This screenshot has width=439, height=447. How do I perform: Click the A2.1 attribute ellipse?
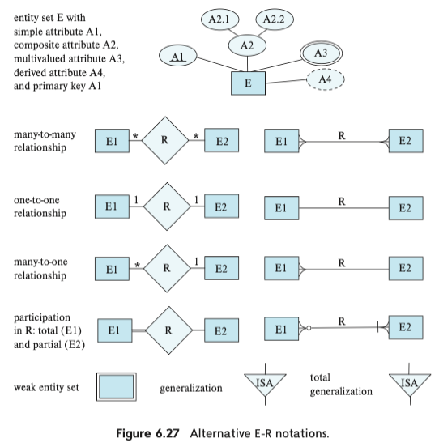(219, 18)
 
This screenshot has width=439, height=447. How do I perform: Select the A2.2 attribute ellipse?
(275, 18)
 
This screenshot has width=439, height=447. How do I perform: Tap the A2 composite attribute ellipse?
(248, 45)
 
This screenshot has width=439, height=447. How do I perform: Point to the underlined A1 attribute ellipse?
(181, 57)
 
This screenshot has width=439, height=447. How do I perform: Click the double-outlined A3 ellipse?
(320, 53)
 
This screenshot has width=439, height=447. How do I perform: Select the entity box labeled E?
(249, 83)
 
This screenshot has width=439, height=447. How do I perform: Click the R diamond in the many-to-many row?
(165, 140)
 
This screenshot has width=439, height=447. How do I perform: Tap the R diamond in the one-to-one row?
(166, 206)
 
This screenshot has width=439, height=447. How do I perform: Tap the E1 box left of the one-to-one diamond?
(112, 206)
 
